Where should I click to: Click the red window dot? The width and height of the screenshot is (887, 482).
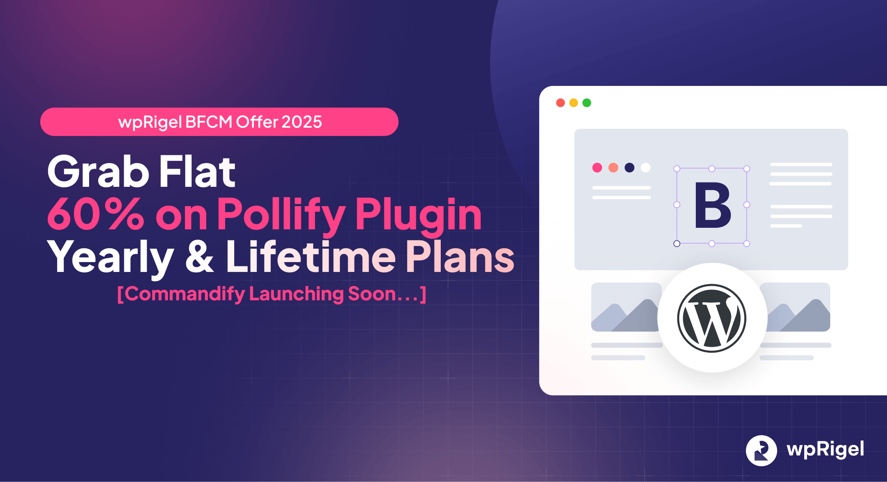pyautogui.click(x=560, y=103)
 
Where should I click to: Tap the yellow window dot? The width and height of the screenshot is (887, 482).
pyautogui.click(x=574, y=103)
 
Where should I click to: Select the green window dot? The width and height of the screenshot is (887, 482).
pyautogui.click(x=587, y=103)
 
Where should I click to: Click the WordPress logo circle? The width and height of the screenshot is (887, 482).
pyautogui.click(x=712, y=318)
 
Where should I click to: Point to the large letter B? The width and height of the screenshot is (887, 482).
pyautogui.click(x=712, y=205)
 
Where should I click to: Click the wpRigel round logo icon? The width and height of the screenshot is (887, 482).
pyautogui.click(x=761, y=450)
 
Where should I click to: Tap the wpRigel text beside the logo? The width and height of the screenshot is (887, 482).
pyautogui.click(x=825, y=450)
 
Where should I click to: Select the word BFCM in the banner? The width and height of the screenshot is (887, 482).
pyautogui.click(x=209, y=122)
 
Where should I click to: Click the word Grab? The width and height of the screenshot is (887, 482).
pyautogui.click(x=98, y=172)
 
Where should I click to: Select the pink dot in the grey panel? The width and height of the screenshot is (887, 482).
pyautogui.click(x=597, y=167)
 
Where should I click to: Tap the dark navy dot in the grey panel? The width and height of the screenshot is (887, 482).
pyautogui.click(x=630, y=167)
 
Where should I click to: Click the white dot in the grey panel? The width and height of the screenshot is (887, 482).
pyautogui.click(x=646, y=167)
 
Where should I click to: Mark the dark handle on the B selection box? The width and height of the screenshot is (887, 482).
pyautogui.click(x=677, y=244)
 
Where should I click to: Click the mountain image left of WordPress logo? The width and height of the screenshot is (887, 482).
pyautogui.click(x=625, y=307)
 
